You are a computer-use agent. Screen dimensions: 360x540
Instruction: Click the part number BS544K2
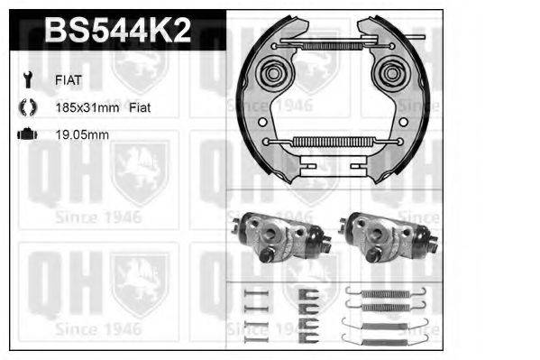point(117,32)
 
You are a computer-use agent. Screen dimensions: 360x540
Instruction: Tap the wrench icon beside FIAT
point(26,79)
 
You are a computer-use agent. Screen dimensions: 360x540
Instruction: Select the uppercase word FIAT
point(69,79)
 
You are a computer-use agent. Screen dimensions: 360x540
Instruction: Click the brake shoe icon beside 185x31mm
point(26,107)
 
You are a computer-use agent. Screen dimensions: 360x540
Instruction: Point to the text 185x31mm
point(87,107)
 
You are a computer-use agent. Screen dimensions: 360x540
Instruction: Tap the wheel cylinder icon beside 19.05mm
point(26,134)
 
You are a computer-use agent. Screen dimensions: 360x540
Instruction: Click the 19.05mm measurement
point(82,134)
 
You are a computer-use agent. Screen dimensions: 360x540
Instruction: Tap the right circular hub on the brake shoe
point(391,71)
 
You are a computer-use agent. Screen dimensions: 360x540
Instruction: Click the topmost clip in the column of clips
point(310,291)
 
